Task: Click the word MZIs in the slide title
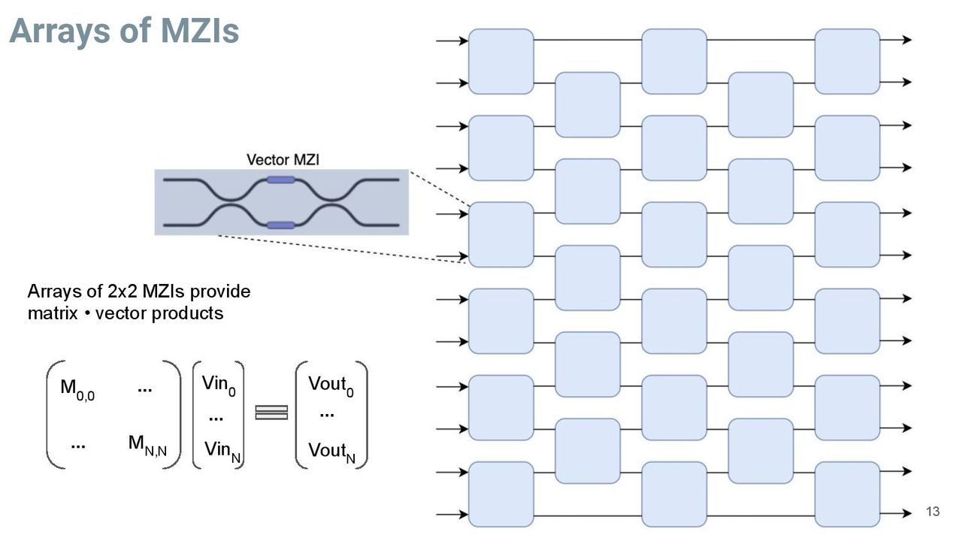click(200, 31)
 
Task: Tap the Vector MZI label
click(283, 160)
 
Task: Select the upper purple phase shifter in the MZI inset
click(281, 180)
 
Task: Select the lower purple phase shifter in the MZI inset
click(281, 225)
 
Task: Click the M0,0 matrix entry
click(77, 389)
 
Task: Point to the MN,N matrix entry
click(147, 445)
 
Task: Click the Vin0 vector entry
click(219, 385)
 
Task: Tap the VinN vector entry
click(222, 452)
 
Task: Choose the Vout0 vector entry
click(331, 386)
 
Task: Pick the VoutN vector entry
click(331, 452)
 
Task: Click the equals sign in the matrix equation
click(271, 413)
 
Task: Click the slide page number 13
click(933, 512)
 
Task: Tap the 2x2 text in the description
click(122, 292)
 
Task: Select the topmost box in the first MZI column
click(501, 62)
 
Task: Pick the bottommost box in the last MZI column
click(847, 494)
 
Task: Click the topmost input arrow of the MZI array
click(452, 41)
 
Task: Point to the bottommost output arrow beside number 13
click(895, 513)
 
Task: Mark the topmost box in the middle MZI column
click(674, 62)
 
